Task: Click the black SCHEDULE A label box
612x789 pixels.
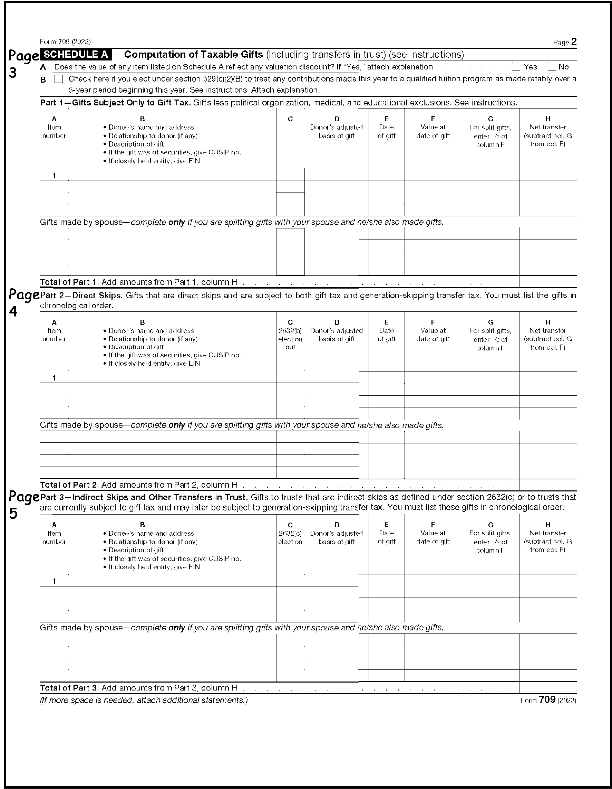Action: tap(76, 55)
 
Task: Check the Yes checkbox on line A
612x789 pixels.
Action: tap(516, 67)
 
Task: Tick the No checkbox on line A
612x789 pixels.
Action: tap(551, 67)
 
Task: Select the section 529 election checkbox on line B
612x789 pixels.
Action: tap(58, 79)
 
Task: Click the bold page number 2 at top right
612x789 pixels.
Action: tap(574, 42)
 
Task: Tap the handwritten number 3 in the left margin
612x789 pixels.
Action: tap(13, 73)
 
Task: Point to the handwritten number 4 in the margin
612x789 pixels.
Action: tap(13, 311)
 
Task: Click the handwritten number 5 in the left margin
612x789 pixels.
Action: tap(13, 513)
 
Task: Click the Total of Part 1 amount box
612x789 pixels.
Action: tap(547, 282)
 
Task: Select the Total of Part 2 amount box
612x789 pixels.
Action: tap(547, 485)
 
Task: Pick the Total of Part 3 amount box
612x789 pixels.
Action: tap(547, 687)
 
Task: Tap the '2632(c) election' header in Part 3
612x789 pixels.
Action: tap(290, 537)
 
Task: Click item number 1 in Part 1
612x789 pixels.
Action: tap(54, 176)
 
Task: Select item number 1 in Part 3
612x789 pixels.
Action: tap(54, 581)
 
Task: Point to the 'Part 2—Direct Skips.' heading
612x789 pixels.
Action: tap(81, 295)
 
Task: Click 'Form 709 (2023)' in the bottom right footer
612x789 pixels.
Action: tap(548, 700)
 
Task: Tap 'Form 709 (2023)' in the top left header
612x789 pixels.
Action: tap(65, 42)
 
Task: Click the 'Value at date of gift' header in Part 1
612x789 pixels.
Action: tap(433, 131)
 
